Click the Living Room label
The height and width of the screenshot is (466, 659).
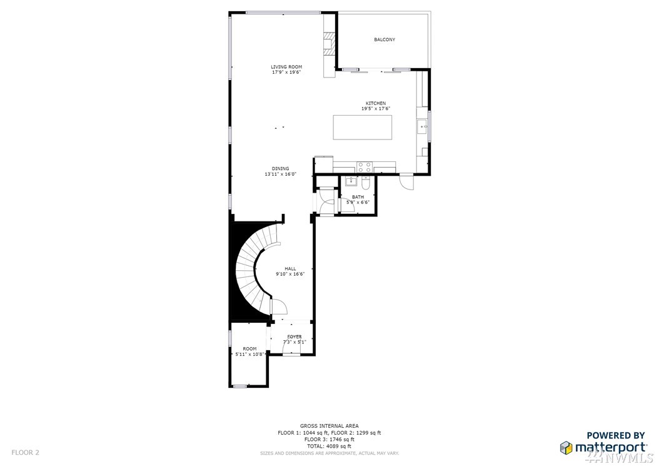[286, 67]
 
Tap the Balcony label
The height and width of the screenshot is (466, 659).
[385, 39]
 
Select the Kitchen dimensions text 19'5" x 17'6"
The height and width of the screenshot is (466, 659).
[376, 108]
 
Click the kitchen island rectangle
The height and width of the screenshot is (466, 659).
[363, 127]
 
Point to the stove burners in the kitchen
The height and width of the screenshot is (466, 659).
[364, 167]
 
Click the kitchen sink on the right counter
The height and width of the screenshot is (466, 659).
[422, 126]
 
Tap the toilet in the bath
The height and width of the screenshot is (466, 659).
[366, 183]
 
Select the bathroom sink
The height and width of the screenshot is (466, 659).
[351, 181]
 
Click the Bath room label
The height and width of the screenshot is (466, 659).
[358, 197]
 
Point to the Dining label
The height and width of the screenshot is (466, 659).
[280, 169]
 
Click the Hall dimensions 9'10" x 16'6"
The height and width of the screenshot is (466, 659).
[290, 274]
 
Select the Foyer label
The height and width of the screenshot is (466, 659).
[294, 337]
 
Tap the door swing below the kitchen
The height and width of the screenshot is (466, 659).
[407, 181]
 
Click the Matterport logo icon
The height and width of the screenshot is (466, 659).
[566, 447]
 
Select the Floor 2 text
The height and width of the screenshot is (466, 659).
[25, 452]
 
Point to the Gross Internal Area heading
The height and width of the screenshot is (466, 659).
[329, 426]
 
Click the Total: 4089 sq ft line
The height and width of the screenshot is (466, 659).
[329, 446]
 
